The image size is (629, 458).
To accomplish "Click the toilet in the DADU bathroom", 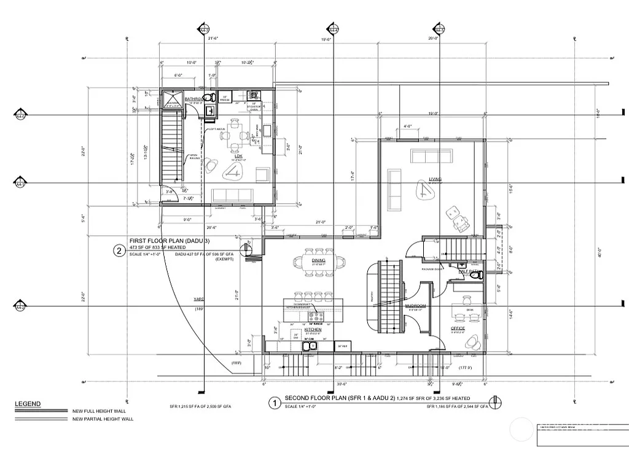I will [x=209, y=98].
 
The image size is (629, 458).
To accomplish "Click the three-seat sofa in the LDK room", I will [x=233, y=195].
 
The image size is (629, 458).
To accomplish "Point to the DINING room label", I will [x=318, y=260].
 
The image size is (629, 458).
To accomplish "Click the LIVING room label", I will [x=436, y=179].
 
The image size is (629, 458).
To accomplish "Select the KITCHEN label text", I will [x=313, y=329].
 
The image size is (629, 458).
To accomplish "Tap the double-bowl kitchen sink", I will [x=309, y=346].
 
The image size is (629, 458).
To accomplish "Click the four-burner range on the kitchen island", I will [x=315, y=317].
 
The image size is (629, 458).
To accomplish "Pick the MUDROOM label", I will [x=415, y=305].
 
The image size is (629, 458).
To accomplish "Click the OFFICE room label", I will [x=458, y=329].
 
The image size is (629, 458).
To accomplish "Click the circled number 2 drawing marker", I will [x=119, y=250].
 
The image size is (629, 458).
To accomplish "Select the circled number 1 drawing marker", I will [x=275, y=403].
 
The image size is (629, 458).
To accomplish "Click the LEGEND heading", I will [x=28, y=403].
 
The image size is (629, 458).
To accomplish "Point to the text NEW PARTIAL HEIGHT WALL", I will [x=102, y=419].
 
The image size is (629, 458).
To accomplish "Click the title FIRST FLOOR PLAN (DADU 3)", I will [x=161, y=241].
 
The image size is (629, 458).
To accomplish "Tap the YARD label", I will [x=199, y=299].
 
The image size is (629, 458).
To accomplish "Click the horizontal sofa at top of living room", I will [x=433, y=156].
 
